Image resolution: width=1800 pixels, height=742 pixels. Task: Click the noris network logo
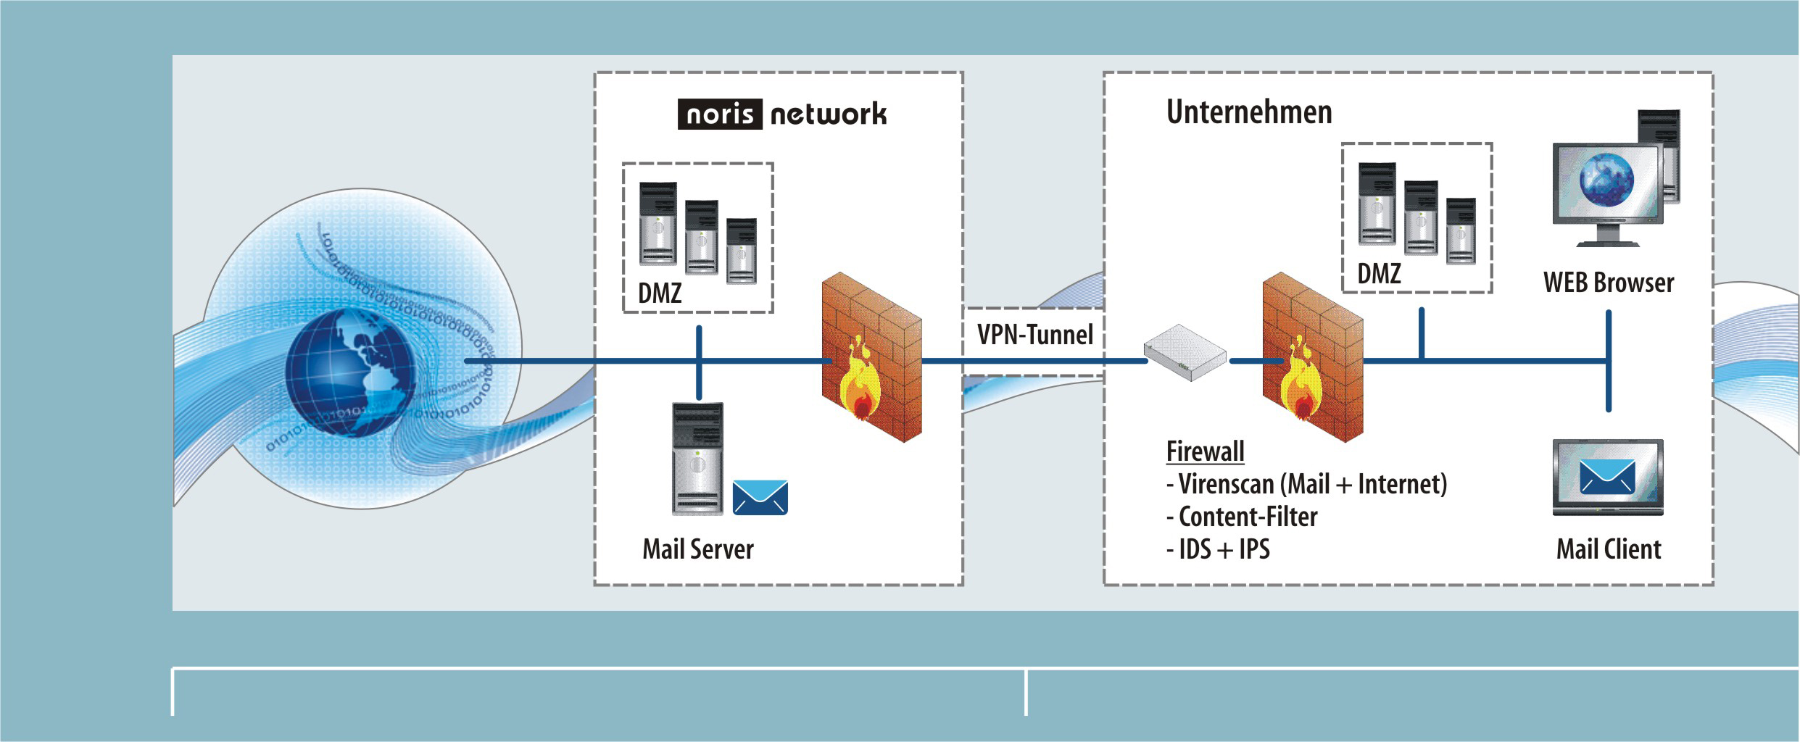781,114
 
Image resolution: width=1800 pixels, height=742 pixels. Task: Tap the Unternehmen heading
1248,112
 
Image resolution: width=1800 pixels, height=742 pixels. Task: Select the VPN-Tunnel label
1034,335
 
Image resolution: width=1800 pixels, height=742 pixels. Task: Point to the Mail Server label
697,549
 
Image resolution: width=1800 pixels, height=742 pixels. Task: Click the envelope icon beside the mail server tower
760,497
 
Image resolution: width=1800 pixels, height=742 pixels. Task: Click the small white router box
1185,352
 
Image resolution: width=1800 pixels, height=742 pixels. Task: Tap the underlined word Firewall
1205,451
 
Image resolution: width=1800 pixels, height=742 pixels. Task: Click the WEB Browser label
1608,283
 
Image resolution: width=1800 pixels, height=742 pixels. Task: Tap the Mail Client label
1608,549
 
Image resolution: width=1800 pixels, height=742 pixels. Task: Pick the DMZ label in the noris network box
660,293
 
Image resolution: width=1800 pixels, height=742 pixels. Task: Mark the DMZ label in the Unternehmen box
1379,274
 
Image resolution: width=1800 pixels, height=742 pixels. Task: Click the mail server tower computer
697,458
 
